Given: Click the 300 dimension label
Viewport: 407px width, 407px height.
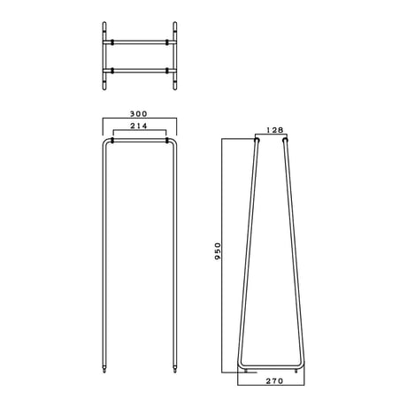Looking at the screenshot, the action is coord(138,113).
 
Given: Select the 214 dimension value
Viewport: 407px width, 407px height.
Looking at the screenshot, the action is coord(139,126).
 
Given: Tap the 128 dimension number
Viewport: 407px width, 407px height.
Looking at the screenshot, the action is coord(274,130).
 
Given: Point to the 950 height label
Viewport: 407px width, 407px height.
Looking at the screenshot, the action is coord(218,251).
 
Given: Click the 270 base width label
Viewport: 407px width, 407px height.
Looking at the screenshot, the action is coord(274,381).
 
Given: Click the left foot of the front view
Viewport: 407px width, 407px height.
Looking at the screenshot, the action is coord(104,369).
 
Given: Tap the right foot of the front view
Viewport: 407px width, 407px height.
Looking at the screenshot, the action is coord(175,369).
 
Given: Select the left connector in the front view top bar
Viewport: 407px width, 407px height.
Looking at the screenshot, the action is coord(112,140).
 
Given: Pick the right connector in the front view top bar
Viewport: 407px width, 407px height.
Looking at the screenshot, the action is coord(167,140).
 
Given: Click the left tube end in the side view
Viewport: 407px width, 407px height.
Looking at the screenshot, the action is coord(257,140).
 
